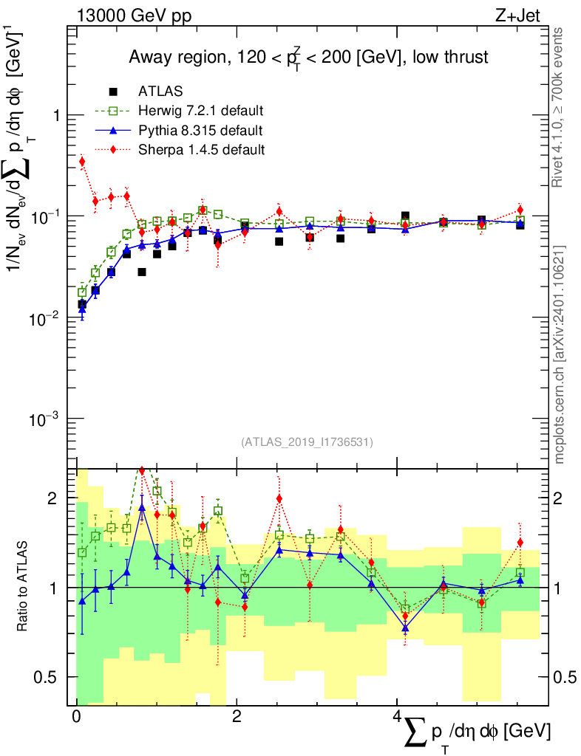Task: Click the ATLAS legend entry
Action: [160, 92]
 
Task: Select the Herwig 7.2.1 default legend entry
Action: [200, 111]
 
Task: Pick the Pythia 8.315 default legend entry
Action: [200, 131]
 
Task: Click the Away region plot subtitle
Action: [308, 58]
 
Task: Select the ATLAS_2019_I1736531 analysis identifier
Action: [307, 442]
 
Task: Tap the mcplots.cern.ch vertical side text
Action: [559, 354]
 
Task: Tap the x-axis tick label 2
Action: [236, 717]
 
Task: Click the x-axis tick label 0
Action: [76, 717]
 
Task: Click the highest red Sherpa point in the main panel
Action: [82, 161]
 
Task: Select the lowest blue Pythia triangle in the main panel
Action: [82, 311]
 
